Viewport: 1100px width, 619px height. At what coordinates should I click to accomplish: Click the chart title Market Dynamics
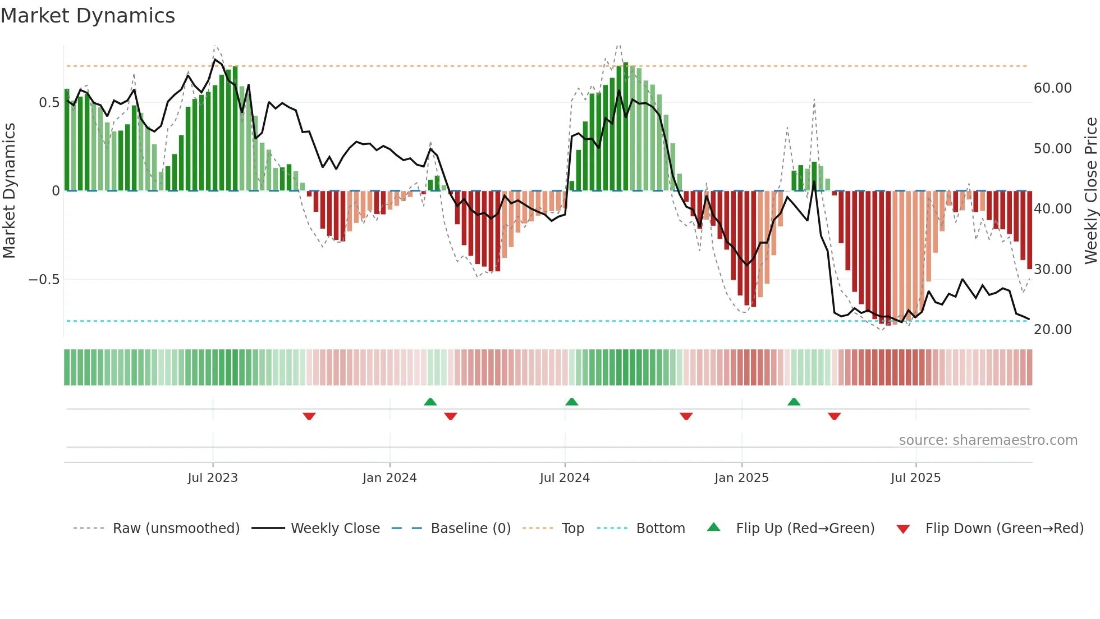(88, 16)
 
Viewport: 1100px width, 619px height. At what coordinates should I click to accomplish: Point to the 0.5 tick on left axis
(49, 103)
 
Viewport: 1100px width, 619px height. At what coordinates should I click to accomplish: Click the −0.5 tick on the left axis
(44, 280)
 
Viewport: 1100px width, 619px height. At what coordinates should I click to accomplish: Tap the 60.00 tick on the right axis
(1052, 88)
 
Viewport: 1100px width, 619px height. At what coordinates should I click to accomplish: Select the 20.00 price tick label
(1052, 330)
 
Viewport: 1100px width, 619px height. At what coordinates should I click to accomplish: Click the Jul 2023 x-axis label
(213, 478)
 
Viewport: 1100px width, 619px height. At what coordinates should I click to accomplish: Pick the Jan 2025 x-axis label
(741, 478)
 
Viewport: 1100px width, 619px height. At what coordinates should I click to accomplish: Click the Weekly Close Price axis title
(1090, 191)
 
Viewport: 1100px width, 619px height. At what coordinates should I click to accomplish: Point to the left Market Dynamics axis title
(9, 191)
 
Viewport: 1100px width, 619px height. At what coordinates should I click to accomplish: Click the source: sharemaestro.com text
(988, 440)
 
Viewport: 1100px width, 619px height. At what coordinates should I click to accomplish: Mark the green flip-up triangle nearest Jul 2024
(571, 402)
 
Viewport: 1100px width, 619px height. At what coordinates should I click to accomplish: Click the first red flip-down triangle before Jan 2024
(309, 416)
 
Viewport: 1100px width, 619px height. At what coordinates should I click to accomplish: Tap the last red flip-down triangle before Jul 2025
(834, 416)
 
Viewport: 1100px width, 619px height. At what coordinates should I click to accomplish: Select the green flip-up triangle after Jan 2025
(794, 402)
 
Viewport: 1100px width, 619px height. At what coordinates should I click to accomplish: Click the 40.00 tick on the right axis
(1052, 209)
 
